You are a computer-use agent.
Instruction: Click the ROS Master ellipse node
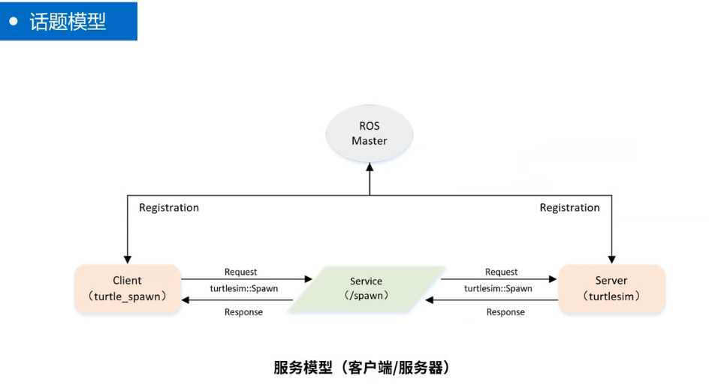click(x=369, y=134)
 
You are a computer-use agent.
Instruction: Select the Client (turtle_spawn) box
click(x=127, y=288)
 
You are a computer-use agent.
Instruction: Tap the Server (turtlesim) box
click(x=611, y=288)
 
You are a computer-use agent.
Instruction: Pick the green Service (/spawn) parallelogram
click(x=367, y=288)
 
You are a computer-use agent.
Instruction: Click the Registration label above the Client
click(x=169, y=208)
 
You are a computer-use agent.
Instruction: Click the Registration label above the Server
click(x=569, y=208)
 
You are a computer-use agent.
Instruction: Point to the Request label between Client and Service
click(x=240, y=272)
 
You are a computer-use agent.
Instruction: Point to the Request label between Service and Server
click(x=501, y=272)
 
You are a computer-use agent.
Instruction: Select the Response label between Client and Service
click(x=243, y=312)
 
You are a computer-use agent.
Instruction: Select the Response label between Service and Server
click(x=505, y=312)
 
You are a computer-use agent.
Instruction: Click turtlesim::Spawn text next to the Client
click(x=243, y=288)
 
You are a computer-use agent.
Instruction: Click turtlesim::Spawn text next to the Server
click(x=498, y=288)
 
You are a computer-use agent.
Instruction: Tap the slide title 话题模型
click(x=68, y=21)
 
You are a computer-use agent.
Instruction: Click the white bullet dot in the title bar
click(x=14, y=21)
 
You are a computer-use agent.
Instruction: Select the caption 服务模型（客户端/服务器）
click(x=361, y=368)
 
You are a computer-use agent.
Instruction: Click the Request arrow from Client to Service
click(x=248, y=279)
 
